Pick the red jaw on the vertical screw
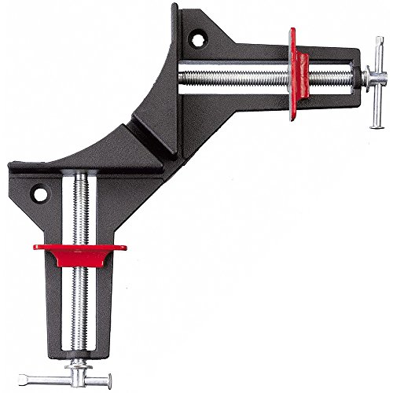click(78, 252)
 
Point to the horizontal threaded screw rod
click(236, 79)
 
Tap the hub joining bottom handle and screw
click(79, 355)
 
